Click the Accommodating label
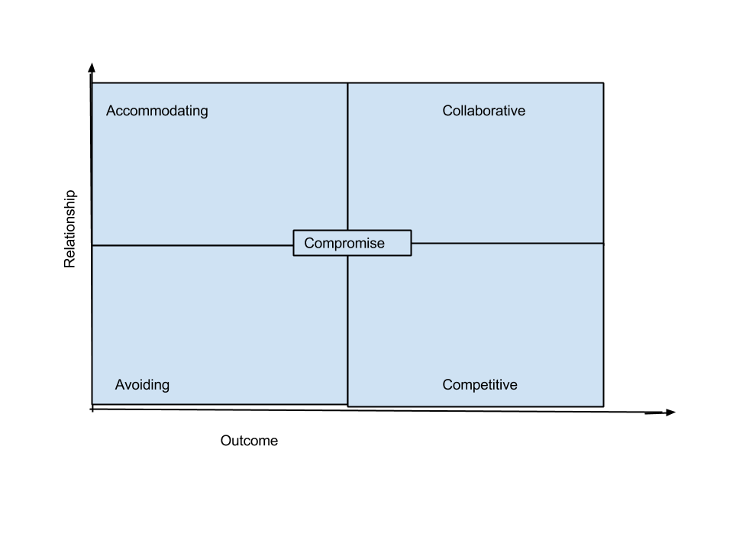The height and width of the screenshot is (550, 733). pyautogui.click(x=157, y=112)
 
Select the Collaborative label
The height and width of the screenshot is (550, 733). pyautogui.click(x=484, y=111)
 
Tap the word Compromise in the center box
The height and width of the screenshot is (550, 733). pyautogui.click(x=344, y=244)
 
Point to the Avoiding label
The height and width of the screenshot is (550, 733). pyautogui.click(x=142, y=385)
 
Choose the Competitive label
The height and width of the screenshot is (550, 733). pyautogui.click(x=480, y=385)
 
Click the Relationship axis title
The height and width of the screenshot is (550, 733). pyautogui.click(x=69, y=228)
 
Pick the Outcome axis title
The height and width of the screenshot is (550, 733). pyautogui.click(x=249, y=441)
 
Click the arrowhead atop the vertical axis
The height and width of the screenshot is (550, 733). pyautogui.click(x=92, y=67)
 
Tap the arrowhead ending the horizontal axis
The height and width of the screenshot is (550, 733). pyautogui.click(x=670, y=412)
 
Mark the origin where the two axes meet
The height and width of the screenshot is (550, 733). pyautogui.click(x=92, y=409)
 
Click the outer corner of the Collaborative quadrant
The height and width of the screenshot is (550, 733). pyautogui.click(x=603, y=83)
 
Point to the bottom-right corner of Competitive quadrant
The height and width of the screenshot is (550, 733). pyautogui.click(x=603, y=406)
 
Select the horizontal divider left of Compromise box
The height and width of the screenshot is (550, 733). pyautogui.click(x=192, y=245)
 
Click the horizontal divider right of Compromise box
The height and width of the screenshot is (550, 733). pyautogui.click(x=508, y=243)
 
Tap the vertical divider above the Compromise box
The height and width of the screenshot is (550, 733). pyautogui.click(x=348, y=157)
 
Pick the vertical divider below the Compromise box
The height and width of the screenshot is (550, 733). pyautogui.click(x=348, y=331)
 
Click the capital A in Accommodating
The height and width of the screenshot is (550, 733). pyautogui.click(x=111, y=111)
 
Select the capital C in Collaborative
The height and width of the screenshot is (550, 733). pyautogui.click(x=447, y=111)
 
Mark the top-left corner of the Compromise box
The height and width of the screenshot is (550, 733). pyautogui.click(x=293, y=230)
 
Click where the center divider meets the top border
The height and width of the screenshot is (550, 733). pyautogui.click(x=348, y=83)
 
